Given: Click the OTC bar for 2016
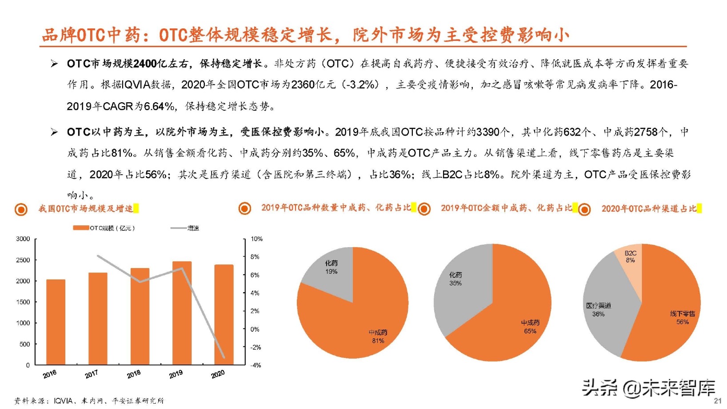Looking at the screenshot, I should coord(56,322).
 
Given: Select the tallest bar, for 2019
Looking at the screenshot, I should coord(182,313).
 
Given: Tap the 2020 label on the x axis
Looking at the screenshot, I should coord(218,374).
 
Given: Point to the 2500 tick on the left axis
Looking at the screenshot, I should coord(23,260).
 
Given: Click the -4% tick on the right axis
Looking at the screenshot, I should coord(256,365).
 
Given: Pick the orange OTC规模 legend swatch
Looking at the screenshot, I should coord(81,228).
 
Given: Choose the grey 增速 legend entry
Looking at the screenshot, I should coord(185,228).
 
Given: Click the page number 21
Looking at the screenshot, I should coord(718,401).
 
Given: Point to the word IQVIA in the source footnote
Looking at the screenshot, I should coord(63,401).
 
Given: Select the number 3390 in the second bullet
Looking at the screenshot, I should coord(488,132).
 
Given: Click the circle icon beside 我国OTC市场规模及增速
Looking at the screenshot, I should coord(21,209).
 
